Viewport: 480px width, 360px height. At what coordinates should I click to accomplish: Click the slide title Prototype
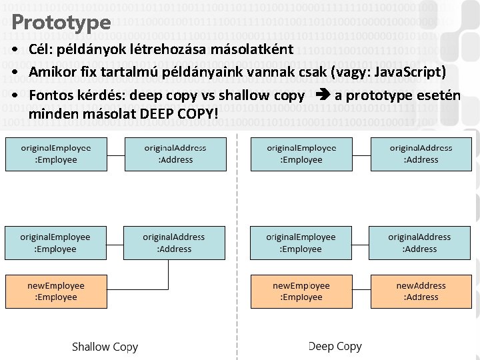click(61, 22)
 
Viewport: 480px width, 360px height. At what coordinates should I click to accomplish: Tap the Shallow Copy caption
click(105, 347)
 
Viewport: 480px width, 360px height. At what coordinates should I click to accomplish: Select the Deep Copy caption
click(335, 346)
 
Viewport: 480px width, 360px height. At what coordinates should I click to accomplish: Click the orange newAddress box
click(421, 291)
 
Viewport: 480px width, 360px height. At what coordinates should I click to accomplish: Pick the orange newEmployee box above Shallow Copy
click(56, 291)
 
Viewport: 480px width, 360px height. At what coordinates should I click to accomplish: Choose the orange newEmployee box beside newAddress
click(301, 291)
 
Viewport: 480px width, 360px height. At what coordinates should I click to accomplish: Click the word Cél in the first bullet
click(41, 51)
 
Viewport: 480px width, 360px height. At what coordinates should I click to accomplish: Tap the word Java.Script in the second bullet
click(406, 72)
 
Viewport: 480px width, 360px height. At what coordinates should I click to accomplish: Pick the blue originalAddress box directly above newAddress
click(419, 243)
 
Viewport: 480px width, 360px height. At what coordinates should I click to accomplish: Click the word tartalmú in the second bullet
click(147, 72)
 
